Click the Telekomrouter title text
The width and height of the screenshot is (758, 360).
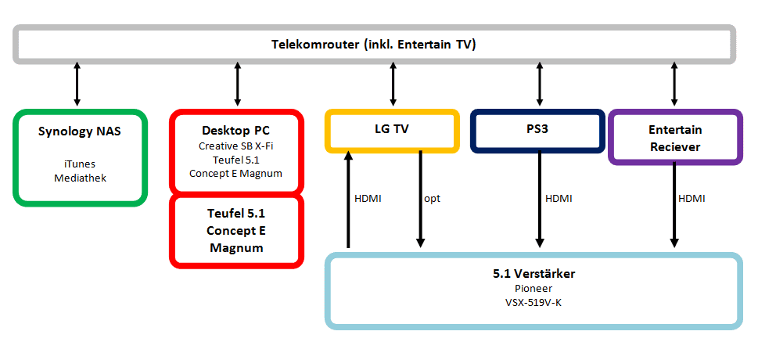coord(374,45)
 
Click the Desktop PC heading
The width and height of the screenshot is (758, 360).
coord(235,129)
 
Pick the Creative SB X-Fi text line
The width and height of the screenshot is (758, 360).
coord(235,146)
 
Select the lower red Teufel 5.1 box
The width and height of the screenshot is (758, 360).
coord(235,229)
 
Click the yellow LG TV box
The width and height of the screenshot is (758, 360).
coord(391,129)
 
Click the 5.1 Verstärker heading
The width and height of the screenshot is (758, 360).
coord(533,274)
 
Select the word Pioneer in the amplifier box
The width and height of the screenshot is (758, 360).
coord(533,289)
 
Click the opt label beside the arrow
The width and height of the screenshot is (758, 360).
coord(433,199)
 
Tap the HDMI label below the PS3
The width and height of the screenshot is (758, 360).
coord(559,199)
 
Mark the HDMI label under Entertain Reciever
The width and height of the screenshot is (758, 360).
coord(692,199)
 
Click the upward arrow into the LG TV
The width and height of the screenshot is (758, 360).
coord(349,199)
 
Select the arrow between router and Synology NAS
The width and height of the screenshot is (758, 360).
coord(77,85)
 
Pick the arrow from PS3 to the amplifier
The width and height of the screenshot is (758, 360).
coord(540,199)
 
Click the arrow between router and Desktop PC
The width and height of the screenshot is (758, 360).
coord(236,85)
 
